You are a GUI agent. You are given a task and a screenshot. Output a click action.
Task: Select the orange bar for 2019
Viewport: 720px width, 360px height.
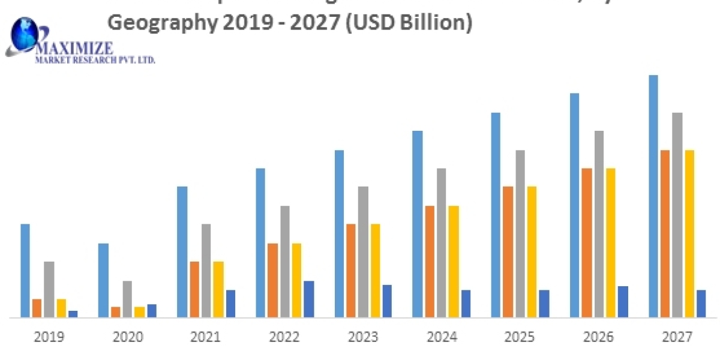click(x=37, y=308)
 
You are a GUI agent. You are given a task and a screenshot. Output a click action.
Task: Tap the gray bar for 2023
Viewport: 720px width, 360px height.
click(x=363, y=251)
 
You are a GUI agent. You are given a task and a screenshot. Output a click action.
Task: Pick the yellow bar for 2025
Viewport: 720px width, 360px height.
click(x=532, y=251)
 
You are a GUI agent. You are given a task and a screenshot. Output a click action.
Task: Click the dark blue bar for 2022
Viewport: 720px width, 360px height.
click(x=309, y=299)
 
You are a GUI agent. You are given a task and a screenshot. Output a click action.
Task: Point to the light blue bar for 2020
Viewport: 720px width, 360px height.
click(x=103, y=280)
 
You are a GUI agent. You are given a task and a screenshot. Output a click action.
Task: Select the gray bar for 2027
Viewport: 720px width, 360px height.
click(x=677, y=215)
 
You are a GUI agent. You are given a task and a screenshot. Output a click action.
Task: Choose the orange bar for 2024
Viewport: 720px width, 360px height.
click(x=430, y=261)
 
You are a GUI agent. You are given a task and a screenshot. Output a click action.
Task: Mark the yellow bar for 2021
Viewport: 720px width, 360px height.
click(x=218, y=289)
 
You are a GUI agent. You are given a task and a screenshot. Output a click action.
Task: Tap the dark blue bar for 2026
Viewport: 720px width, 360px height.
click(x=623, y=301)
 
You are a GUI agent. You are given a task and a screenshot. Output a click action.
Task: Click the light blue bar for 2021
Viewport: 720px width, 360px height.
click(x=182, y=251)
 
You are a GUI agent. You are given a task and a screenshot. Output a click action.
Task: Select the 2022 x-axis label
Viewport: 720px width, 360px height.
click(x=284, y=337)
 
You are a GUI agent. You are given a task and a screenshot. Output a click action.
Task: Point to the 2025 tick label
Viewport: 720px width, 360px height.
click(x=520, y=337)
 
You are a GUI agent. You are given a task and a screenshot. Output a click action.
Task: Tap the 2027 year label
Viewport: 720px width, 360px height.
click(x=677, y=337)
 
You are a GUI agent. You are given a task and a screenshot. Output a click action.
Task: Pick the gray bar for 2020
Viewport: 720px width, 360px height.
click(x=127, y=299)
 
